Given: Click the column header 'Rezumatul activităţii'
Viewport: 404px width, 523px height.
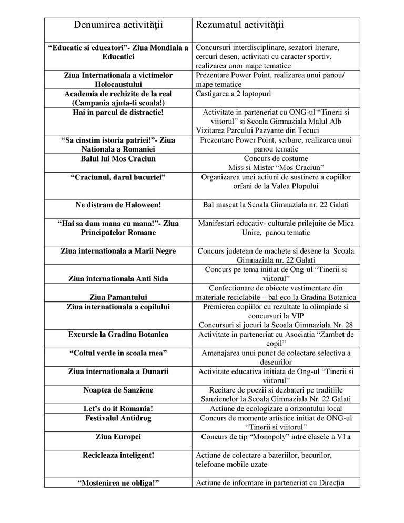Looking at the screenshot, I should [x=240, y=25].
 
